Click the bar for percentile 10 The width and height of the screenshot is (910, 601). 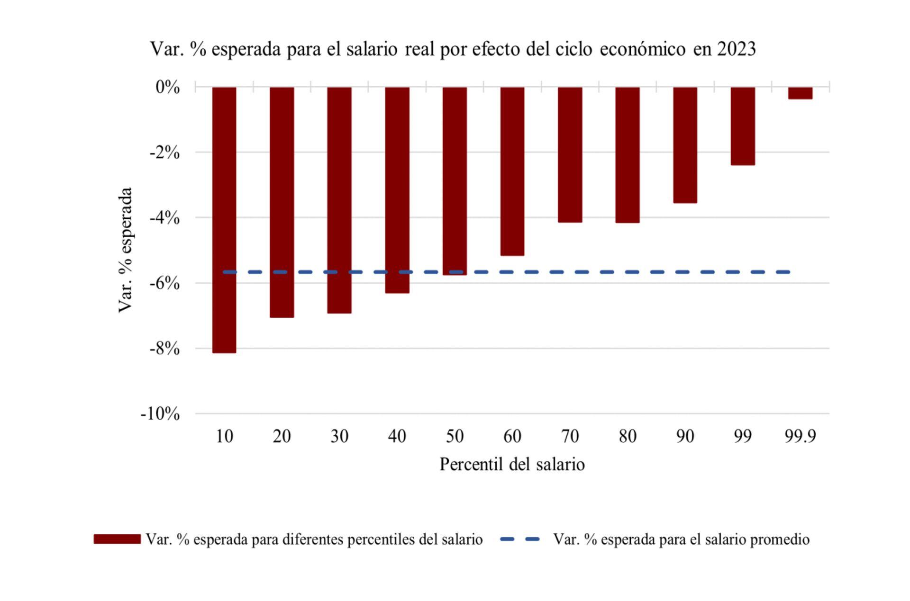[x=224, y=220]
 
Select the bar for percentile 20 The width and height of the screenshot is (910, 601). [x=282, y=202]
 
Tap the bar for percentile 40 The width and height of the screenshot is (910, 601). [x=397, y=190]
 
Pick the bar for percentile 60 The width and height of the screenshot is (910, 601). [x=512, y=171]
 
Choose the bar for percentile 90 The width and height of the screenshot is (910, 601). [x=685, y=145]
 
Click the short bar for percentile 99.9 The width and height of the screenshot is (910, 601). [x=801, y=93]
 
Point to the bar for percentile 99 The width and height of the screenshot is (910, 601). [x=743, y=126]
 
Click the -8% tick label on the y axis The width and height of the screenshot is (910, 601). [x=164, y=349]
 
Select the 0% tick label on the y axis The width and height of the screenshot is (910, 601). [x=168, y=87]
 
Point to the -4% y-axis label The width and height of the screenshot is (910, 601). [x=164, y=218]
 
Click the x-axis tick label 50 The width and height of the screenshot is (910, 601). [x=455, y=436]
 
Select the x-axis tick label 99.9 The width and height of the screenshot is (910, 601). [x=801, y=436]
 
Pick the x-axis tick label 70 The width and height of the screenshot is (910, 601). [x=570, y=436]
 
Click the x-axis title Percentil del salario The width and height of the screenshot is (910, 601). [x=512, y=464]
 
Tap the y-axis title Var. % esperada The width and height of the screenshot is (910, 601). [x=125, y=250]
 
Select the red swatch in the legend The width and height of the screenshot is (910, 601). [x=117, y=539]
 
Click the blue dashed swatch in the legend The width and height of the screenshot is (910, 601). [x=520, y=539]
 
